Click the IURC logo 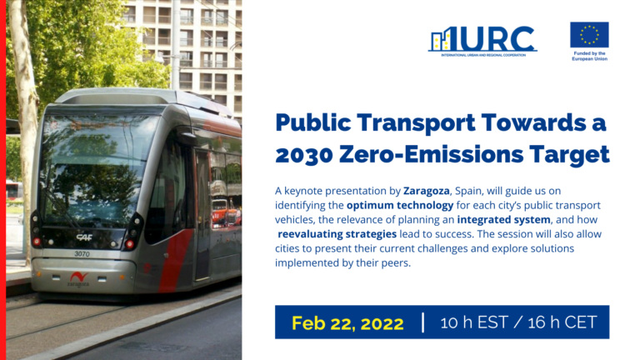click(x=482, y=39)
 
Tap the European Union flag click(x=589, y=35)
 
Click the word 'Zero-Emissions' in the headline click(x=441, y=154)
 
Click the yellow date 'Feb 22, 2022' click(x=347, y=322)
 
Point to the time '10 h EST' click(x=474, y=322)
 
